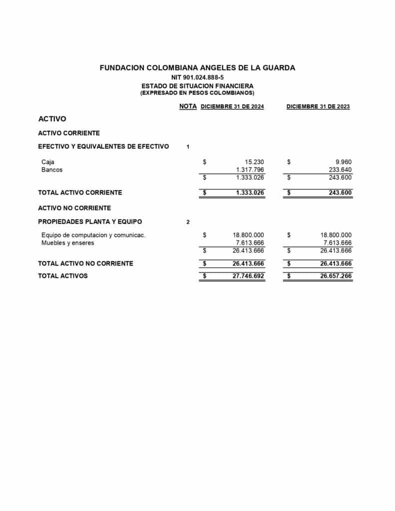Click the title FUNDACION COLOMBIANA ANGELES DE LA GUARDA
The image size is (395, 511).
(197, 68)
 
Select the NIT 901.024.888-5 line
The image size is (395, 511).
(197, 77)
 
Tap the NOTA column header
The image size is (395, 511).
(188, 106)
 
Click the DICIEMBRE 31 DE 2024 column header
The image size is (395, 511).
(232, 107)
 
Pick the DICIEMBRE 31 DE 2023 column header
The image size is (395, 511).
(318, 107)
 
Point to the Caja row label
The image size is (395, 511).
(48, 162)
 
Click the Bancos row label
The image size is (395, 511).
(52, 170)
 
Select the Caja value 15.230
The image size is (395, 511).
(254, 162)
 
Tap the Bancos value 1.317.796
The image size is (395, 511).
(250, 170)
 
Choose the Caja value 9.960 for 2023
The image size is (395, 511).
(344, 162)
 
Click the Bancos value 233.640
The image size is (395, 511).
(340, 170)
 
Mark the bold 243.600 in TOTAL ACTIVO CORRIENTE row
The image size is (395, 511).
(338, 193)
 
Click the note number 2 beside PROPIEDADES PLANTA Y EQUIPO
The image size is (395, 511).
(188, 222)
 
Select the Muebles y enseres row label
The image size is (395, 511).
(67, 243)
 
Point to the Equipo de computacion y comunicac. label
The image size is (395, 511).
(93, 235)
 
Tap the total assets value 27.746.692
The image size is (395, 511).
(248, 276)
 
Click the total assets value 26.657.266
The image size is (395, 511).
(336, 276)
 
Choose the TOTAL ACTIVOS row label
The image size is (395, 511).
(63, 276)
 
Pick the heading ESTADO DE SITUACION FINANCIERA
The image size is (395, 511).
(197, 86)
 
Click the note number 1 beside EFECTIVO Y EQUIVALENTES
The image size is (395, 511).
(188, 147)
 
